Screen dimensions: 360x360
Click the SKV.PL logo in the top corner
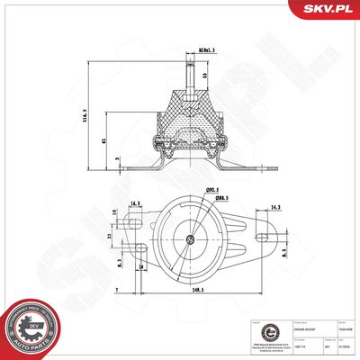click(327, 10)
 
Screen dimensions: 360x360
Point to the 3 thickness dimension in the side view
click(118, 158)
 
